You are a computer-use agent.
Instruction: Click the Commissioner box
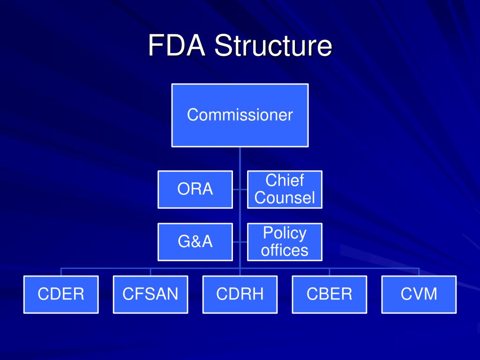[x=240, y=115]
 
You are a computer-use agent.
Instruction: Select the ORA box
[x=195, y=189]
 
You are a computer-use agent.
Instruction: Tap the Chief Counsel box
[x=285, y=189]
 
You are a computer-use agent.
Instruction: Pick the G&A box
[x=195, y=242]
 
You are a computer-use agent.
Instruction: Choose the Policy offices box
[x=285, y=242]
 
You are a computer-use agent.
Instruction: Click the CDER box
[x=61, y=294]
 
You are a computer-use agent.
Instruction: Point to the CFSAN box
[x=150, y=294]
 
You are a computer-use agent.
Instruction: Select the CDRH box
[x=240, y=294]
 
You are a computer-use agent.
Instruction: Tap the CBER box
[x=329, y=294]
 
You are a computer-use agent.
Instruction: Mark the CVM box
[x=419, y=294]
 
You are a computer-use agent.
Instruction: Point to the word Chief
[x=285, y=180]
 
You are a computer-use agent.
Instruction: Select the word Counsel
[x=285, y=198]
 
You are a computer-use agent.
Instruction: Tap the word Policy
[x=285, y=233]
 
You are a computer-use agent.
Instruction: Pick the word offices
[x=285, y=250]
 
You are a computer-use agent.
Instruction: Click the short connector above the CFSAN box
[x=150, y=272]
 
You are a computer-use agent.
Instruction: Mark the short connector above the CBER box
[x=329, y=272]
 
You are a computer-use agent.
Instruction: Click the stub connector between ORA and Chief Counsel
[x=240, y=189]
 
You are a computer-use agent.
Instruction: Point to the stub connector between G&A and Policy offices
[x=240, y=242]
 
